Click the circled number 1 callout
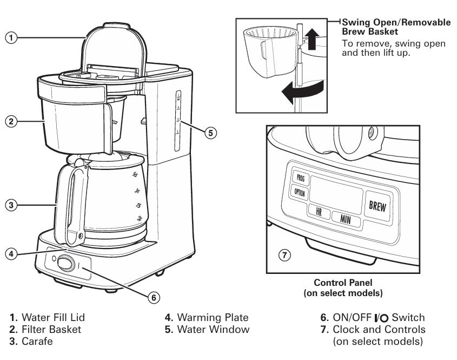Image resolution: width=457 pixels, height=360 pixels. (x=10, y=38)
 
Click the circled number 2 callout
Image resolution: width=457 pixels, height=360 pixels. (x=10, y=121)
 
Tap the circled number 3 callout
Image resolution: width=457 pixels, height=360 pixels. (x=10, y=205)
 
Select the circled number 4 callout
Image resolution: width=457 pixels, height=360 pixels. (x=10, y=253)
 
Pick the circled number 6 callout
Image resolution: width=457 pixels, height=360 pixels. (x=154, y=297)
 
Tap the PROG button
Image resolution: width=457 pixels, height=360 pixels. (x=299, y=177)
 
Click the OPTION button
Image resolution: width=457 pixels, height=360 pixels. (x=299, y=192)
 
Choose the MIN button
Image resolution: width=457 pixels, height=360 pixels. (x=345, y=218)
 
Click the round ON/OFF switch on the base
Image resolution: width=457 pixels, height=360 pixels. (x=65, y=264)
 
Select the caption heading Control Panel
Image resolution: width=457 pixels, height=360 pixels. (x=343, y=283)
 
